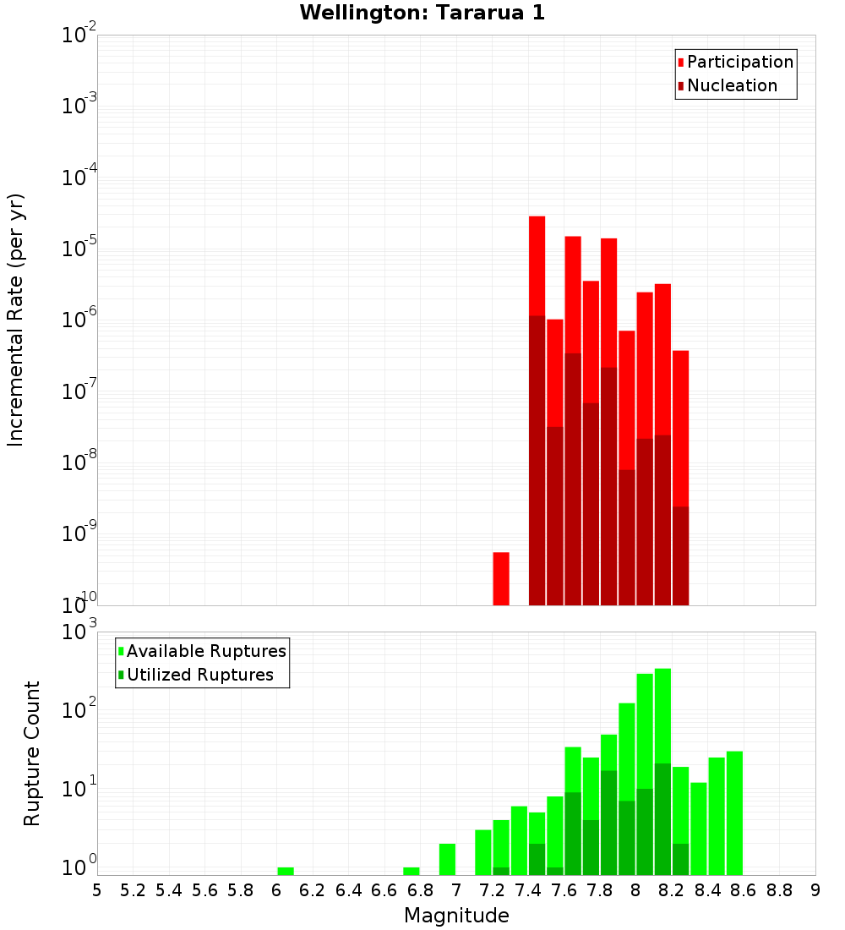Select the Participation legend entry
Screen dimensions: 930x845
pyautogui.click(x=735, y=62)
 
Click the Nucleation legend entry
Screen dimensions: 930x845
pyautogui.click(x=727, y=85)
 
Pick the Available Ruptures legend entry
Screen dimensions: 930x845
pyautogui.click(x=202, y=651)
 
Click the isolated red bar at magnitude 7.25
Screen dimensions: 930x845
pyautogui.click(x=501, y=579)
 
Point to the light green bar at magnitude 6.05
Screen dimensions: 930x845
pyautogui.click(x=286, y=871)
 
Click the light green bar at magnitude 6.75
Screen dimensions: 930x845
pyautogui.click(x=412, y=871)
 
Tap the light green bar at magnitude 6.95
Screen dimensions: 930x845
pyautogui.click(x=447, y=859)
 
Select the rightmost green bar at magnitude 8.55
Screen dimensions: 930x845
pyautogui.click(x=734, y=812)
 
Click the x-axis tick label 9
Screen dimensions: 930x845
pyautogui.click(x=815, y=890)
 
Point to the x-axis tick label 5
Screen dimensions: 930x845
pyautogui.click(x=97, y=890)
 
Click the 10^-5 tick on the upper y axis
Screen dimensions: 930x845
pyautogui.click(x=79, y=249)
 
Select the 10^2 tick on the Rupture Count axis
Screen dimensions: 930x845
pyautogui.click(x=79, y=709)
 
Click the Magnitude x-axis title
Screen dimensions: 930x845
pyautogui.click(x=456, y=916)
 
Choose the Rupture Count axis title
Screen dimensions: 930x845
pyautogui.click(x=31, y=752)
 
